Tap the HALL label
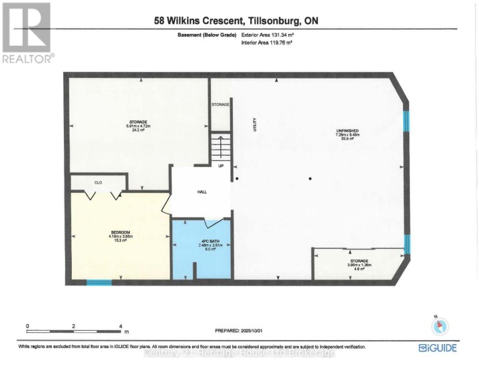click(x=202, y=191)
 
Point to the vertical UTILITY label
click(x=254, y=124)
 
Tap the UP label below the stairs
click(x=220, y=166)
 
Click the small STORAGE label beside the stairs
click(x=220, y=105)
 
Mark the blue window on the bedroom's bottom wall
click(x=99, y=283)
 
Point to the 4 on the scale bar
click(x=120, y=326)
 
